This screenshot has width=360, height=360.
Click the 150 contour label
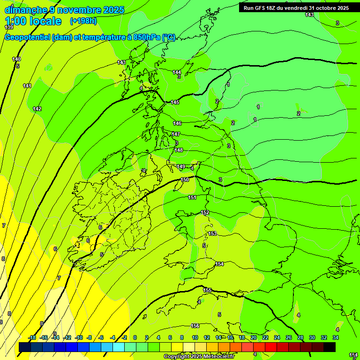pyautogui.click(x=185, y=180)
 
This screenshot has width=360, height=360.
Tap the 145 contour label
pyautogui.click(x=175, y=102)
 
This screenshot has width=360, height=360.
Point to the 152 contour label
pyautogui.click(x=205, y=212)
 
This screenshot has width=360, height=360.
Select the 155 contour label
pyautogui.click(x=207, y=290)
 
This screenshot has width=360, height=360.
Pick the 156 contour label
pyautogui.click(x=195, y=326)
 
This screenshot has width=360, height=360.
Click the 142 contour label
pyautogui.click(x=37, y=109)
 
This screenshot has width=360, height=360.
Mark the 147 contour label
pyautogui.click(x=176, y=134)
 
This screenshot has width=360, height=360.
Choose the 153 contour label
pyautogui.click(x=212, y=233)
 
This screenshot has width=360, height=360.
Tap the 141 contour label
pyautogui.click(x=27, y=86)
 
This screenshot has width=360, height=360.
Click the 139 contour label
pyautogui.click(x=8, y=28)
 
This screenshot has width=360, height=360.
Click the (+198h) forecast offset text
pyautogui.click(x=83, y=21)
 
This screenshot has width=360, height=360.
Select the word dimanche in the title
pyautogui.click(x=25, y=10)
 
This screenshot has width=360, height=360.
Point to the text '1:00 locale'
pyautogui.click(x=33, y=21)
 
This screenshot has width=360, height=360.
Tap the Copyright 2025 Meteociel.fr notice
pyautogui.click(x=198, y=356)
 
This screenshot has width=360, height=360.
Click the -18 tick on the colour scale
pyautogui.click(x=32, y=337)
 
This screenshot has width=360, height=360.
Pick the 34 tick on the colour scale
pyautogui.click(x=336, y=337)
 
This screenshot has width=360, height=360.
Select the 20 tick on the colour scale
pyautogui.click(x=253, y=337)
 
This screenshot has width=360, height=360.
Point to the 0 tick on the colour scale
pyautogui.click(x=135, y=337)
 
